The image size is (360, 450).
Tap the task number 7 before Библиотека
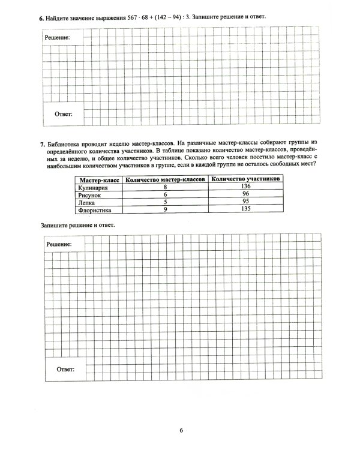click(x=41, y=145)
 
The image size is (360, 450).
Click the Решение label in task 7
click(x=59, y=245)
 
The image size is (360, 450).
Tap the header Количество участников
click(x=246, y=179)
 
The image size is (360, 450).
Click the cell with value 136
click(x=246, y=187)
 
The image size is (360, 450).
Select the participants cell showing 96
click(x=246, y=195)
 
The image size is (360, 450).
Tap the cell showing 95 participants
click(x=246, y=203)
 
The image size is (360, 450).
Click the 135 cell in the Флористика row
click(x=246, y=211)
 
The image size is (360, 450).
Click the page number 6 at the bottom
click(x=180, y=430)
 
